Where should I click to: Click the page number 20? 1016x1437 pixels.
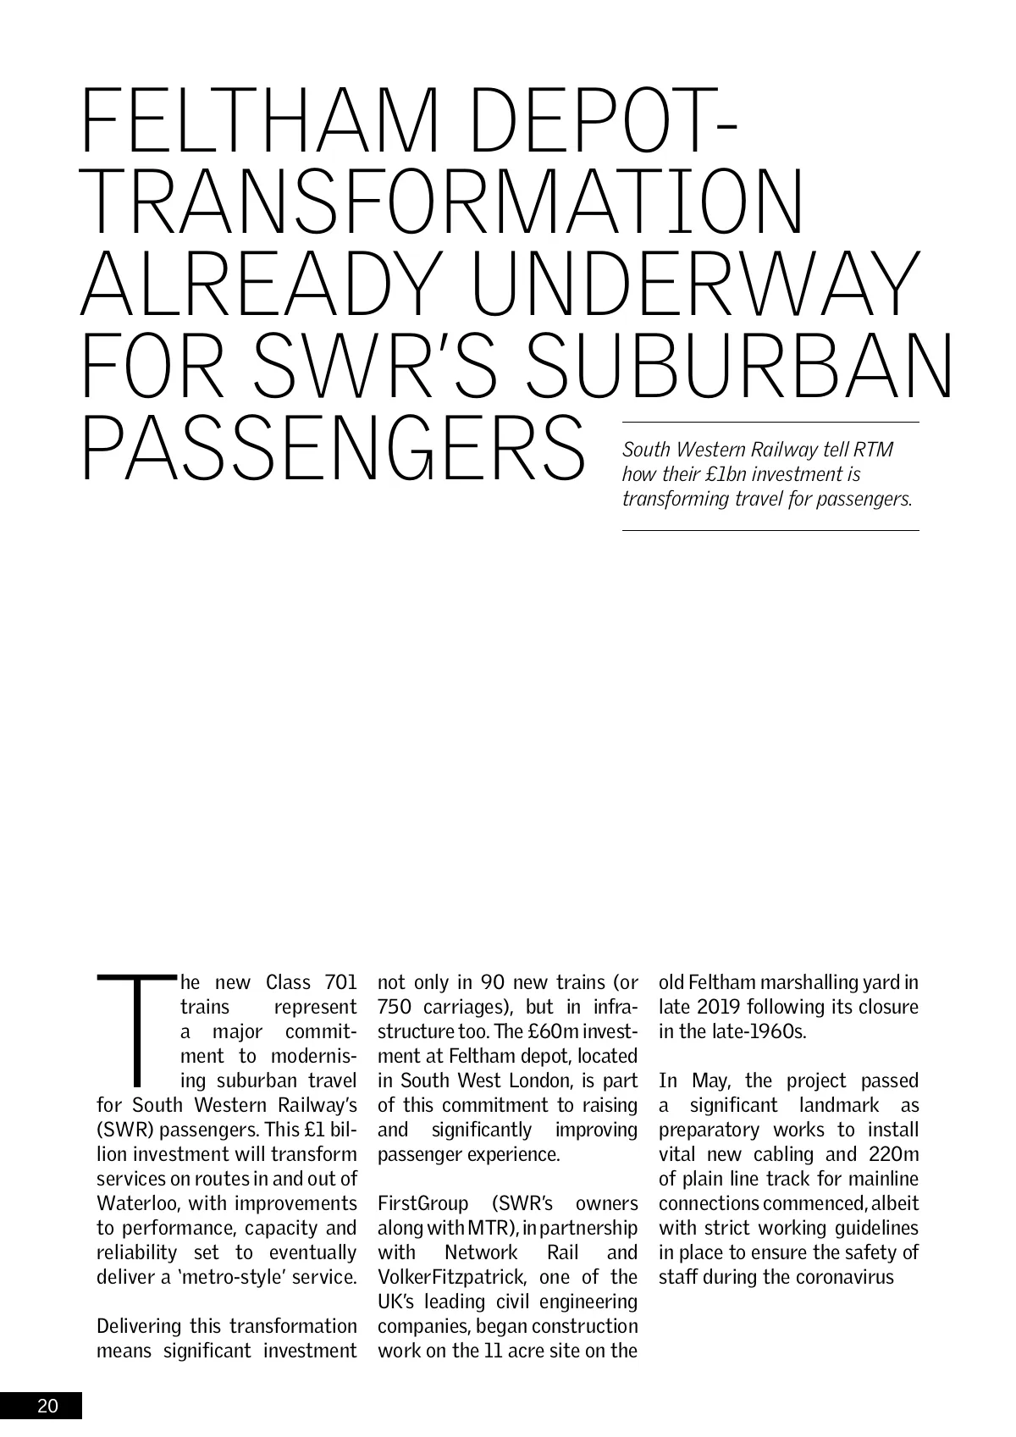(x=47, y=1407)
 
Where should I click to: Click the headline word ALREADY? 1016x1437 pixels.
(x=267, y=284)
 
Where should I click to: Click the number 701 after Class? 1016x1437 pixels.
(x=340, y=983)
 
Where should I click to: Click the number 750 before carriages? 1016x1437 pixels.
(x=395, y=1008)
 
